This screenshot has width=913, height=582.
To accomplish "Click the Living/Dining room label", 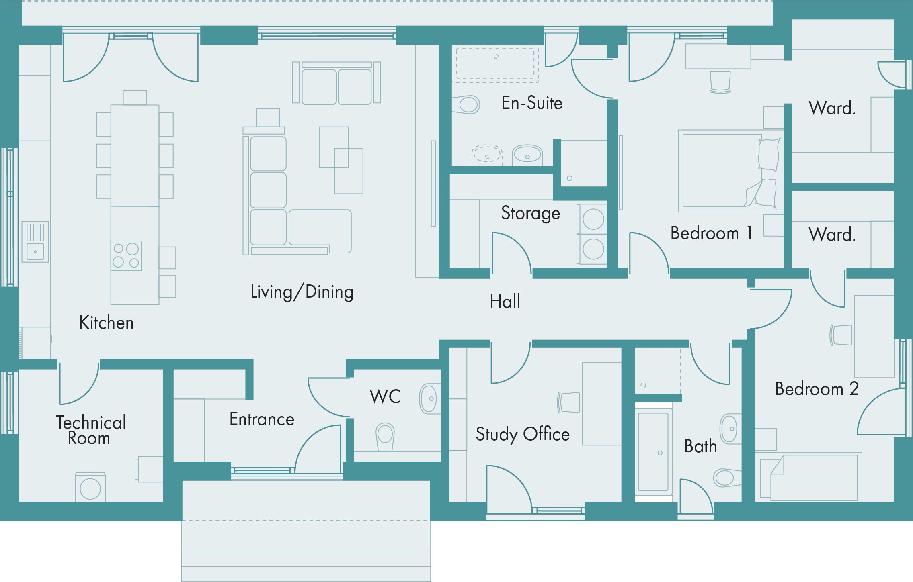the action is pyautogui.click(x=302, y=292).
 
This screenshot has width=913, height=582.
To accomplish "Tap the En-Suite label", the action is pyautogui.click(x=532, y=103).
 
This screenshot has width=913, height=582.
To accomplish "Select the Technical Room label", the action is pyautogui.click(x=91, y=430).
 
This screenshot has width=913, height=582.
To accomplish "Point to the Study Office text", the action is pyautogui.click(x=523, y=434).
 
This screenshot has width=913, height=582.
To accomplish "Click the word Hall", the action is pyautogui.click(x=505, y=301).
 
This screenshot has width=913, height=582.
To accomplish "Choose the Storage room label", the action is pyautogui.click(x=530, y=213).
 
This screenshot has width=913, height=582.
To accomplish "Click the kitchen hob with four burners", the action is pyautogui.click(x=126, y=255).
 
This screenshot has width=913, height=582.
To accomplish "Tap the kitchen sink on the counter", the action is pyautogui.click(x=35, y=242).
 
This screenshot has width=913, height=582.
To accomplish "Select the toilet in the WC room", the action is pyautogui.click(x=385, y=437).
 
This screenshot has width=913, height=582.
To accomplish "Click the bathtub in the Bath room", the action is pyautogui.click(x=653, y=451).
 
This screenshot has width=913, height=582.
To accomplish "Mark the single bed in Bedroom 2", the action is pyautogui.click(x=808, y=477).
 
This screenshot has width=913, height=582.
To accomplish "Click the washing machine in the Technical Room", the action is pyautogui.click(x=90, y=487).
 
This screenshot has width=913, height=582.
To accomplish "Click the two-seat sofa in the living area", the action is pyautogui.click(x=336, y=83).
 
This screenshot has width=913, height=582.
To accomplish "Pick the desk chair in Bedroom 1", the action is pyautogui.click(x=720, y=82).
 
